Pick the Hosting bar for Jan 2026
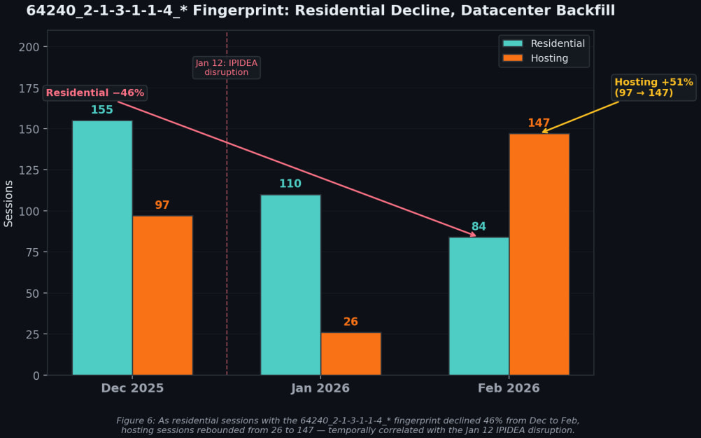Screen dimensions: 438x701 point(350,353)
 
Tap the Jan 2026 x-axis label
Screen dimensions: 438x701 point(320,388)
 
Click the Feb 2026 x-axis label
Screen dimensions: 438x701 point(509,388)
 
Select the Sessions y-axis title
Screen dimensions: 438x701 point(9,203)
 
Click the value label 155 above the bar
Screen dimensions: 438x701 point(102,110)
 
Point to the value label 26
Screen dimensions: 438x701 point(350,322)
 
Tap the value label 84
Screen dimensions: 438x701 point(479,227)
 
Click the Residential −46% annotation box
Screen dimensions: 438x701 point(95,93)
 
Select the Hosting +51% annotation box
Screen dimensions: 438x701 point(653,88)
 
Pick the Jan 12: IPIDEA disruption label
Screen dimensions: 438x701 point(226,67)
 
